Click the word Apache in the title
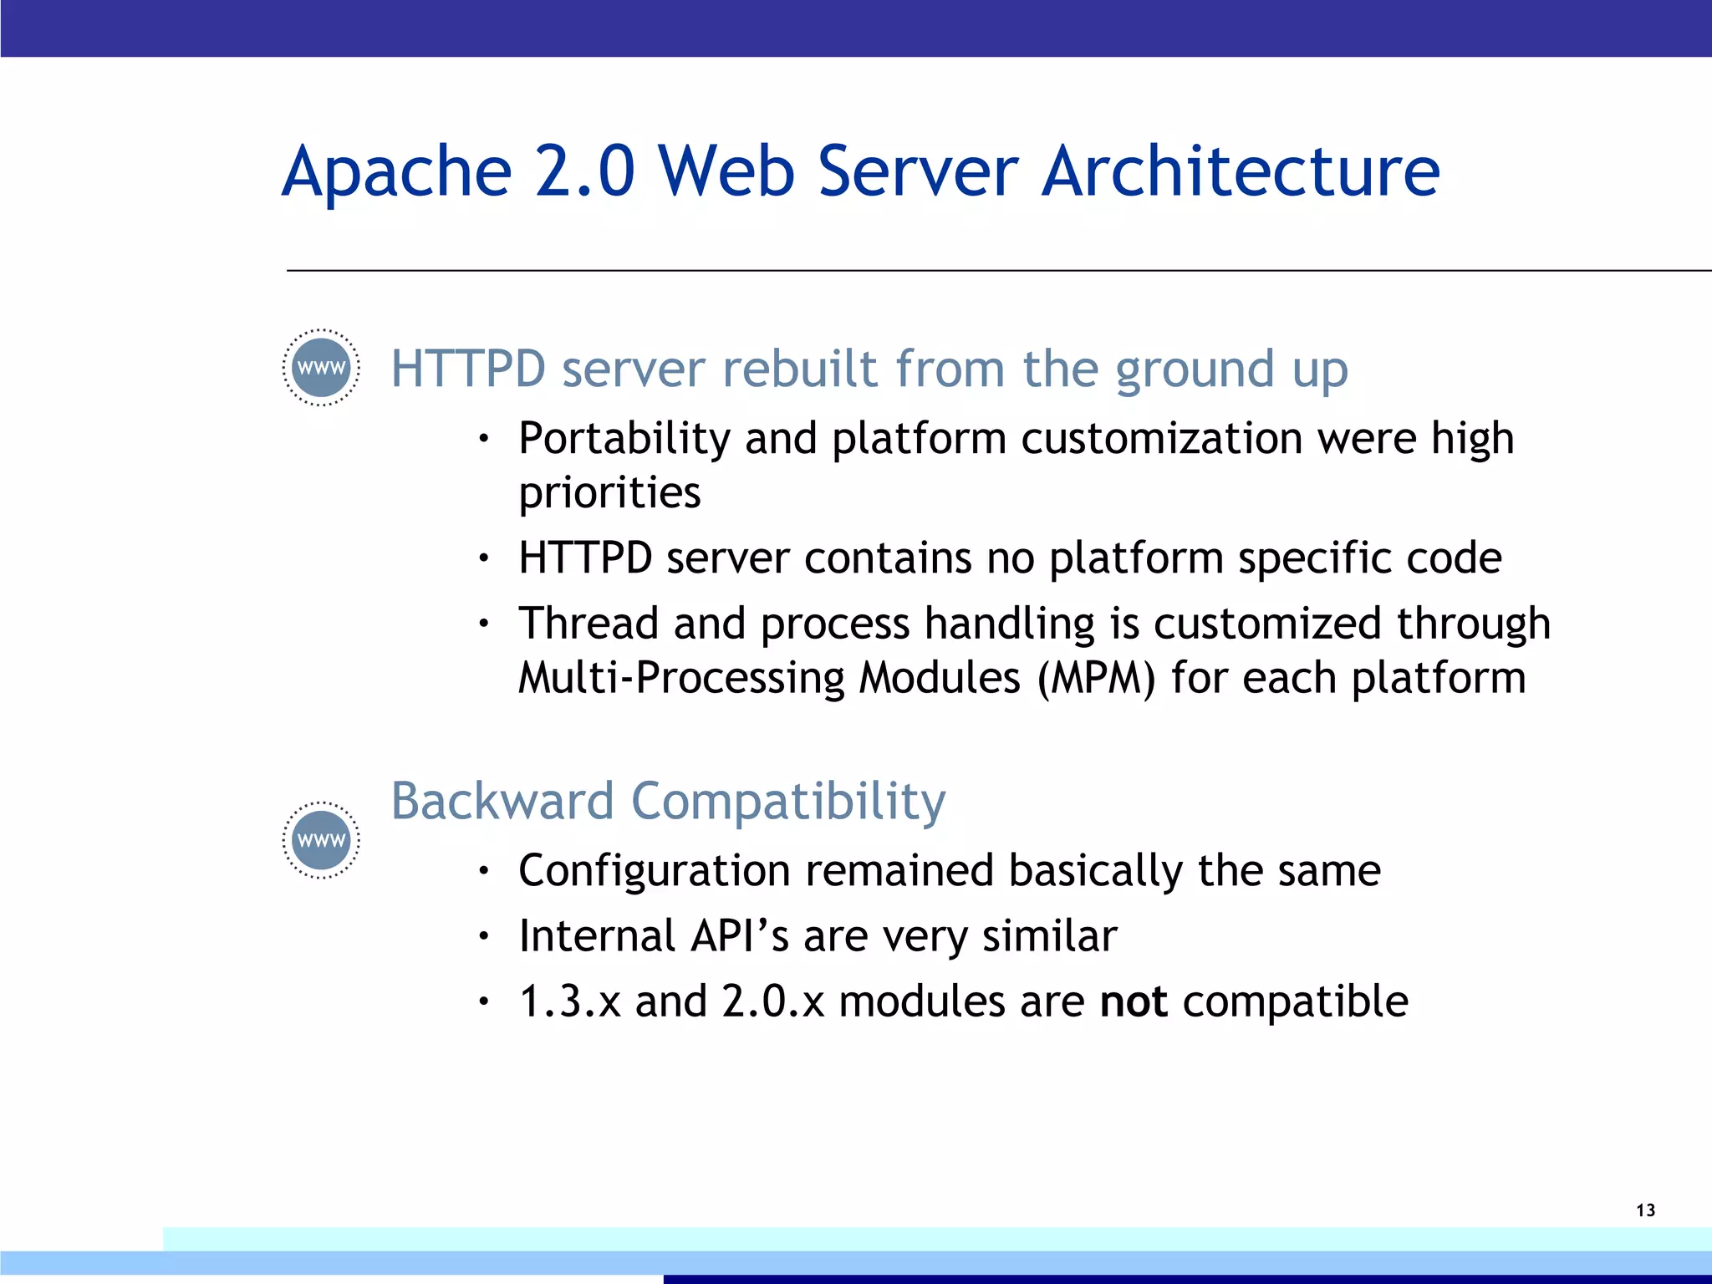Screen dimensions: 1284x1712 [x=397, y=172]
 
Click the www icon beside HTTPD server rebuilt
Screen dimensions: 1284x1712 [x=322, y=368]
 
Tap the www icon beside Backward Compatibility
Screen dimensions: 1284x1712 [x=322, y=840]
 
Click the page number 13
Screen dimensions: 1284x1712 [x=1645, y=1210]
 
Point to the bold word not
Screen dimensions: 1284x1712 [x=1134, y=1001]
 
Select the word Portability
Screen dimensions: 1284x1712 [x=624, y=439]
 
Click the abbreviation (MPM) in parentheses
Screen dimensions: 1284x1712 [x=1096, y=677]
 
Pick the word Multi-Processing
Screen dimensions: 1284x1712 [x=681, y=677]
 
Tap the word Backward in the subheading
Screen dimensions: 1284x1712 [x=502, y=801]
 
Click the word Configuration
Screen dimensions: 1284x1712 [x=654, y=871]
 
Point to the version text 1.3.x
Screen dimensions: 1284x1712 [x=569, y=1001]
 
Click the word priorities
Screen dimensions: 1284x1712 [x=609, y=493]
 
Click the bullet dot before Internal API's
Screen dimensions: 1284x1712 [x=482, y=937]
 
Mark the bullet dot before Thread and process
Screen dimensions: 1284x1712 [x=482, y=624]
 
